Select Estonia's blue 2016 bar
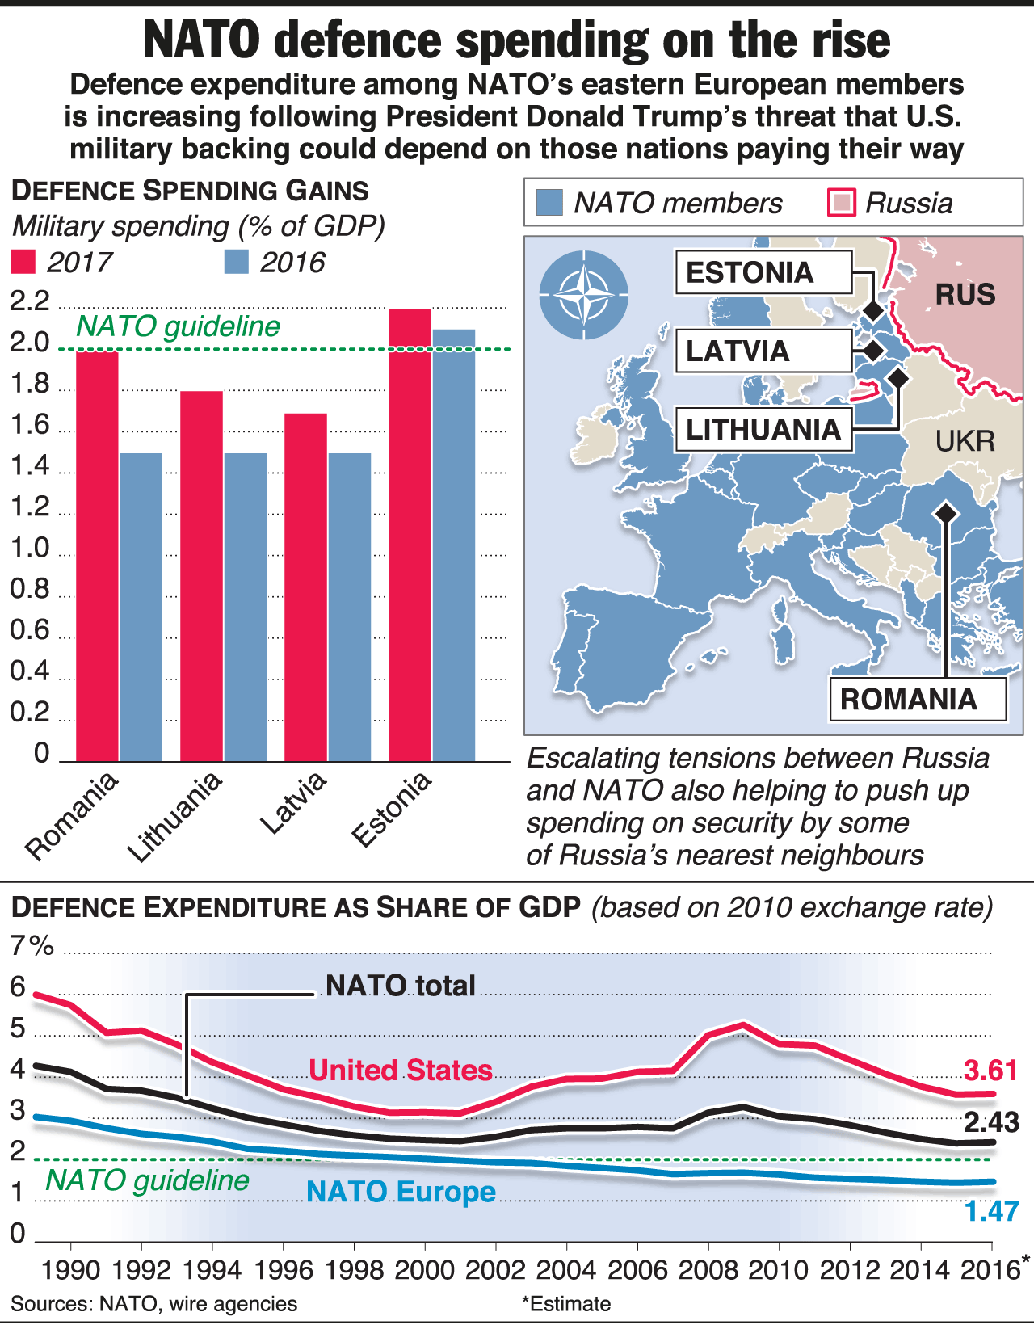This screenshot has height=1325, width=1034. click(453, 545)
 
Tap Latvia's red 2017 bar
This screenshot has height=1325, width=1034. click(305, 587)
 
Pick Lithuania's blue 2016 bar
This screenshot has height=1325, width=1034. click(245, 607)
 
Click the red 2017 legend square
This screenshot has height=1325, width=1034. click(23, 263)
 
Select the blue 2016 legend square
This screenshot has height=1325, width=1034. click(236, 263)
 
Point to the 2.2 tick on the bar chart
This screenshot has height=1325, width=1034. click(30, 302)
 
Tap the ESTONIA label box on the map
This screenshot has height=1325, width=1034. click(763, 272)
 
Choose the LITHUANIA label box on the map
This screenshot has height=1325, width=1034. click(763, 429)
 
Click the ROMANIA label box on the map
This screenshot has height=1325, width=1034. click(917, 699)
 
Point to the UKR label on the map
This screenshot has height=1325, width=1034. click(965, 441)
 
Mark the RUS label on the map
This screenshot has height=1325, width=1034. click(965, 294)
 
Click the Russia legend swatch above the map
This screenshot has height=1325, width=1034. click(842, 203)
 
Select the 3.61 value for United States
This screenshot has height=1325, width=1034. click(991, 1071)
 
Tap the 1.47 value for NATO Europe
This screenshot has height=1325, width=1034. click(992, 1211)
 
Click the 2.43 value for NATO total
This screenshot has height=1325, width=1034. click(991, 1122)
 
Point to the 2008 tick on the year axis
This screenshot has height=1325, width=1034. click(708, 1270)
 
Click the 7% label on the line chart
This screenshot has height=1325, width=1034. click(32, 946)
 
